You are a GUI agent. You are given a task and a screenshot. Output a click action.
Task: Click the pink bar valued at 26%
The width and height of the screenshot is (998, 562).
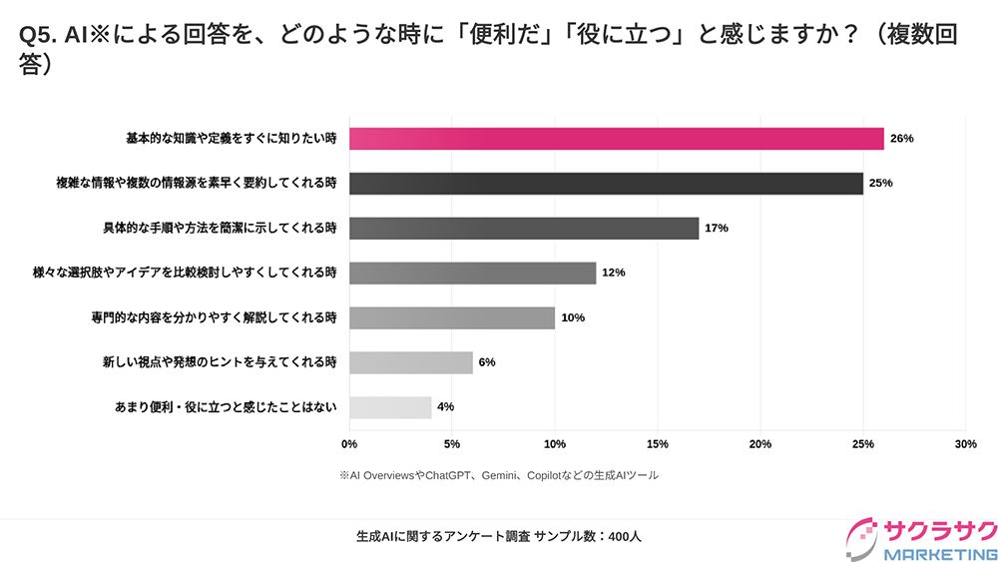pyautogui.click(x=616, y=139)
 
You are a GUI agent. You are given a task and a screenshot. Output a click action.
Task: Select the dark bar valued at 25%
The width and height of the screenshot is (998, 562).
pyautogui.click(x=606, y=184)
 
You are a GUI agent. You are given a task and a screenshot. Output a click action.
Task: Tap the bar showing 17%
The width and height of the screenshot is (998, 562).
pyautogui.click(x=524, y=229)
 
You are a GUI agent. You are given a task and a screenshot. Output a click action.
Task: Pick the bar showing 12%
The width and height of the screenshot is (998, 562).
pyautogui.click(x=472, y=273)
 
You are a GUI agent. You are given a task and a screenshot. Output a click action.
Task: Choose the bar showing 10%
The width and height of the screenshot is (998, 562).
pyautogui.click(x=452, y=317)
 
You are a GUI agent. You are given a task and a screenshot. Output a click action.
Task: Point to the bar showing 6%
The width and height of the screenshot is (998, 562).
pyautogui.click(x=411, y=362)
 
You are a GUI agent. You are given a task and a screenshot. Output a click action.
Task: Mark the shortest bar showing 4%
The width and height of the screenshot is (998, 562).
pyautogui.click(x=390, y=407)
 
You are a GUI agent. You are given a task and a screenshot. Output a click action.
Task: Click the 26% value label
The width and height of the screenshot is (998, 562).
pyautogui.click(x=901, y=139)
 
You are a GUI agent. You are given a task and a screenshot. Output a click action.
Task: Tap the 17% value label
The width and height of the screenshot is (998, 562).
pyautogui.click(x=716, y=229)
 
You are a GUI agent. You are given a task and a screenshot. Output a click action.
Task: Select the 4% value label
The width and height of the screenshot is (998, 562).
pyautogui.click(x=445, y=407)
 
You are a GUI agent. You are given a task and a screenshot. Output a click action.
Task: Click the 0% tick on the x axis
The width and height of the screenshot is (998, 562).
pyautogui.click(x=349, y=443)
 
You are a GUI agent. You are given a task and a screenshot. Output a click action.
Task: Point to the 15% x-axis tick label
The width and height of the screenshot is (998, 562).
pyautogui.click(x=658, y=443)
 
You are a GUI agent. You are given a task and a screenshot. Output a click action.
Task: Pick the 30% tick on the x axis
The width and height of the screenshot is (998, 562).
pyautogui.click(x=965, y=443)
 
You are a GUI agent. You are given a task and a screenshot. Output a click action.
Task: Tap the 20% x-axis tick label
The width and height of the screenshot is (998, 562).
pyautogui.click(x=760, y=443)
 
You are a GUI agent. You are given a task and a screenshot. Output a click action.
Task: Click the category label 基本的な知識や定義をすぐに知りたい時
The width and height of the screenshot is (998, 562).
pyautogui.click(x=231, y=139)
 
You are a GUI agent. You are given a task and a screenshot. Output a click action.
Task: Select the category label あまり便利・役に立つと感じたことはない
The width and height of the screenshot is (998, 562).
pyautogui.click(x=227, y=407)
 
